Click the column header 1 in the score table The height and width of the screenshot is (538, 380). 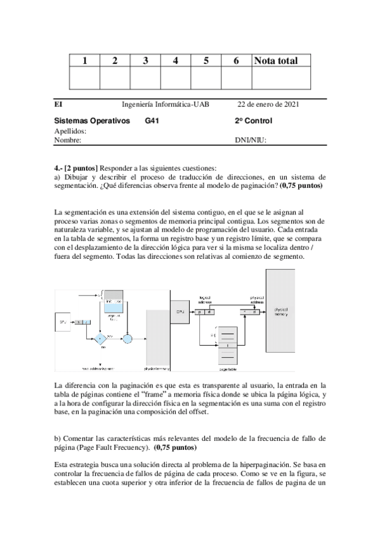tap(84, 61)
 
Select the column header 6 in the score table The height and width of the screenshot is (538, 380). tap(236, 61)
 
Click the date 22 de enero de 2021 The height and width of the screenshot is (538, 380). tap(268, 105)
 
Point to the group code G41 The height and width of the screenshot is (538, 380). tap(154, 121)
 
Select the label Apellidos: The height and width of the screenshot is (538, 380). tap(70, 131)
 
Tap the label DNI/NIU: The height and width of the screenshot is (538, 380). tap(251, 140)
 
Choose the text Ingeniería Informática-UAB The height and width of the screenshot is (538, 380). tap(166, 105)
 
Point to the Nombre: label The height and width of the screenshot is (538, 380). tap(68, 140)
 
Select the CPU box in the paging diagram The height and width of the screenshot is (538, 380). tap(180, 312)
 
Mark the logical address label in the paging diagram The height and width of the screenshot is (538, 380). tap(205, 298)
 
